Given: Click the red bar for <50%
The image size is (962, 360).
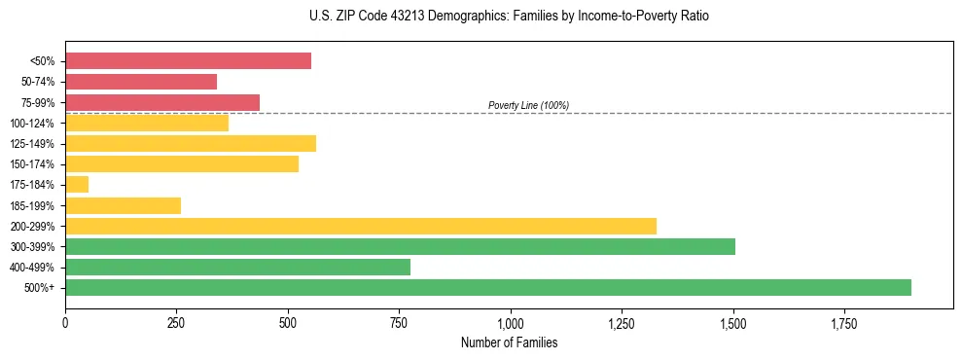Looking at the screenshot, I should pos(188,60).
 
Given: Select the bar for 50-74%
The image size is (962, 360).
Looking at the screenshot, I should pos(141,82).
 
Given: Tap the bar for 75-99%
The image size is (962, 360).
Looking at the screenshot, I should pos(162,102).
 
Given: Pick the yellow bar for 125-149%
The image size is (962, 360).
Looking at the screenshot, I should pos(191,144).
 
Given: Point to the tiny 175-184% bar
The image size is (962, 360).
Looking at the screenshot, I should pos(77,185).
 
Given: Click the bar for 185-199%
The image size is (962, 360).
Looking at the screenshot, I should pos(123,205).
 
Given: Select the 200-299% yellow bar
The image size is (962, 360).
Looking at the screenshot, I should pos(361,226).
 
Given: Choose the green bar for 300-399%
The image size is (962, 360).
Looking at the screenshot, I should pos(400,246).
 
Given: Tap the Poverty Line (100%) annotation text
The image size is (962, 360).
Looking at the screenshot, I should pos(528,105).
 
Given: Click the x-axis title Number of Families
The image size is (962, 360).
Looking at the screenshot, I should pos(510,342).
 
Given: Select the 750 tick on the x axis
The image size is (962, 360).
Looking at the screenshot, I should pos(399,323).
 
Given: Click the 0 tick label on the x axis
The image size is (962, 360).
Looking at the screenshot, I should pos(65,323).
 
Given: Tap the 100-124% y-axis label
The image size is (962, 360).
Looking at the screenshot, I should pos(32,124).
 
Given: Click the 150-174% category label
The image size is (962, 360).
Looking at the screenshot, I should pos(32,164).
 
